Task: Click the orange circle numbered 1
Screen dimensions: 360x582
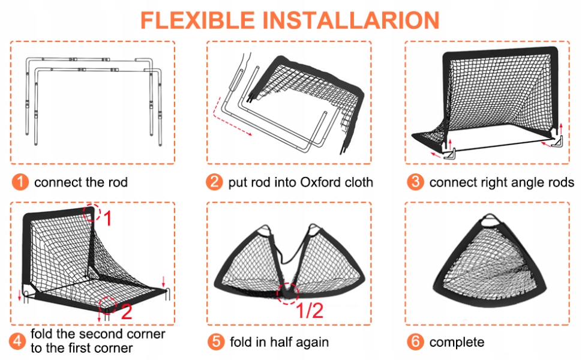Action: click(20, 182)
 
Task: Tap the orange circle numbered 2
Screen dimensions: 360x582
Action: click(214, 182)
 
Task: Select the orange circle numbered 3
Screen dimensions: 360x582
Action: click(415, 182)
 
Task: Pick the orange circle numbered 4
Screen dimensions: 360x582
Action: click(20, 341)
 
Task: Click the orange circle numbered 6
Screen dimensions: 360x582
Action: click(415, 342)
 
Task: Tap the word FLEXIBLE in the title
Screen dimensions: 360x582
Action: click(196, 20)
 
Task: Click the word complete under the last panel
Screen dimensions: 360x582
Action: click(457, 342)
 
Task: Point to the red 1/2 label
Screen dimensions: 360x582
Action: click(310, 310)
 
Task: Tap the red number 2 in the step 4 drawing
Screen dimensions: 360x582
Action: click(126, 311)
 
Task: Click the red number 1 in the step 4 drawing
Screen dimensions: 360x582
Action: click(107, 219)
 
